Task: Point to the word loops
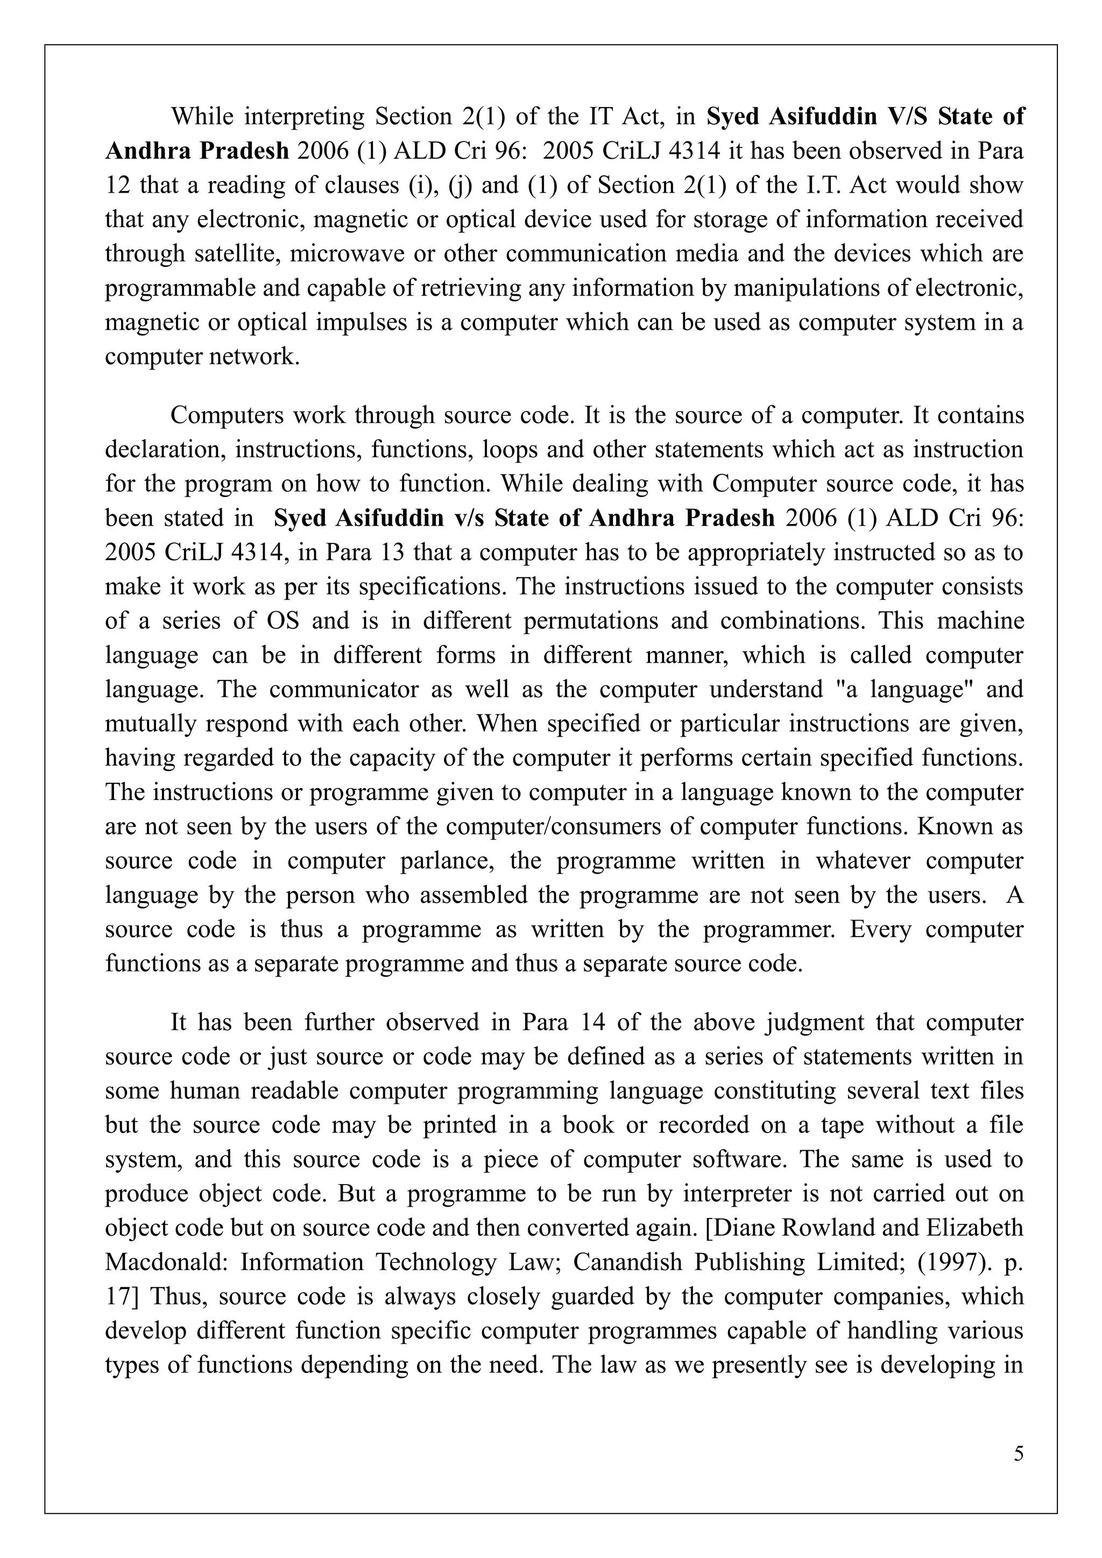(533, 449)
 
